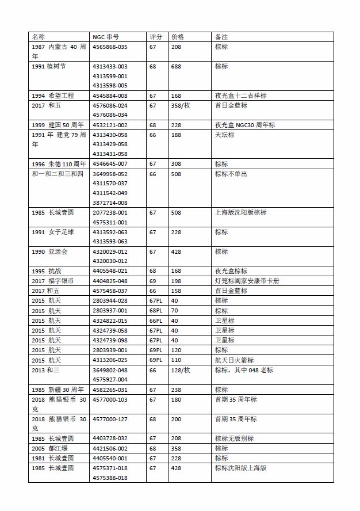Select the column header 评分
(x=156, y=36)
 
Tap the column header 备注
(x=221, y=36)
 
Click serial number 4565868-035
(x=110, y=47)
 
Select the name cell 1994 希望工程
(x=53, y=96)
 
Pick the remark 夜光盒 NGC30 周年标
(x=245, y=125)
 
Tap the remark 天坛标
(x=225, y=135)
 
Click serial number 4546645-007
(x=110, y=164)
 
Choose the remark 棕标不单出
(x=231, y=174)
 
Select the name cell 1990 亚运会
(x=49, y=251)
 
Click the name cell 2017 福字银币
(x=53, y=281)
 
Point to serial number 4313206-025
(x=110, y=360)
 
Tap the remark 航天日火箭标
(x=234, y=360)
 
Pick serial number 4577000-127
(x=110, y=419)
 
